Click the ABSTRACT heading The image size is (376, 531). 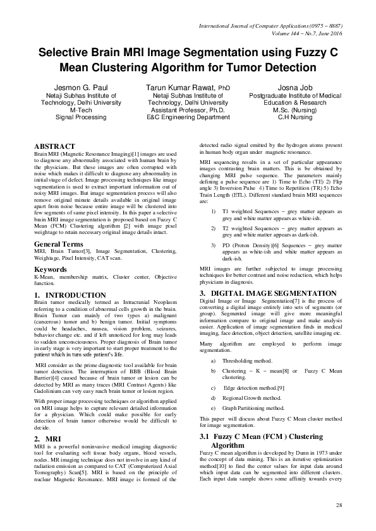54,146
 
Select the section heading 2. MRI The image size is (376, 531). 47,438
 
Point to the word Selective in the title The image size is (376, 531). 65,53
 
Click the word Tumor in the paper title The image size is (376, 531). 247,66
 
